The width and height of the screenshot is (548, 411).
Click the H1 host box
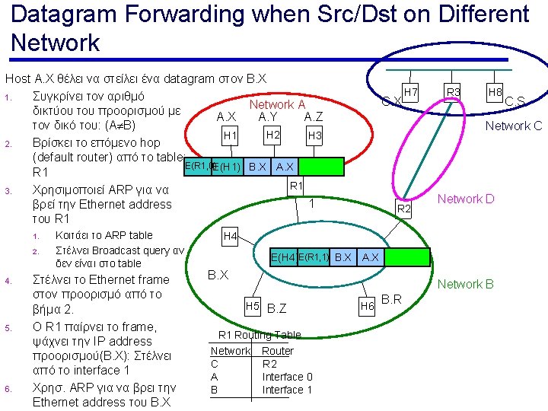(x=230, y=135)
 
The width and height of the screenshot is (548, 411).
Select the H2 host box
(x=272, y=135)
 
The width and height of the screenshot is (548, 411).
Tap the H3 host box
(x=314, y=135)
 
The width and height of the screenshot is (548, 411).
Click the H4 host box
(x=230, y=237)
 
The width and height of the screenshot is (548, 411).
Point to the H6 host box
(x=367, y=305)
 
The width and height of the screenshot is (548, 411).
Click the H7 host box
(x=411, y=93)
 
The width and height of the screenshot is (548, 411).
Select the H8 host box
(x=495, y=93)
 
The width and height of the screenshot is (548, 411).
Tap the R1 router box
(x=298, y=185)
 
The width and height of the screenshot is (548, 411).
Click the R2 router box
(x=405, y=209)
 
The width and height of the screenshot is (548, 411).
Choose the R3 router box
(x=454, y=93)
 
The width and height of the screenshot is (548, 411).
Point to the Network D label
(x=465, y=199)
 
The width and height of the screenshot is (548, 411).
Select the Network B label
(x=465, y=284)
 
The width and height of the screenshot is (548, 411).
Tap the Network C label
(x=514, y=126)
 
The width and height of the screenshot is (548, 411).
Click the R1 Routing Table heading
(x=260, y=335)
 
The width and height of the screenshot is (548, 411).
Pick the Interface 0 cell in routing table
(x=287, y=377)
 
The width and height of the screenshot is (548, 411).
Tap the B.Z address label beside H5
(x=277, y=308)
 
